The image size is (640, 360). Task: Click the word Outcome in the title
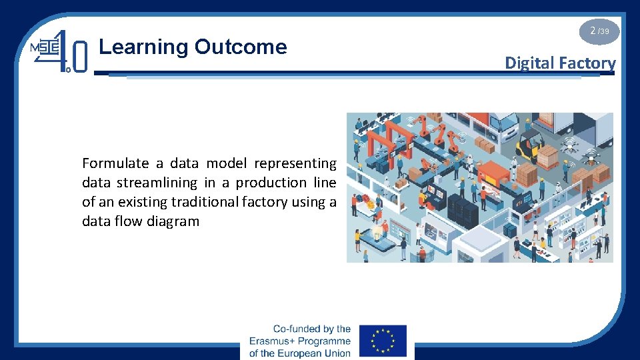pos(241,47)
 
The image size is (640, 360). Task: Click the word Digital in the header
pos(530,63)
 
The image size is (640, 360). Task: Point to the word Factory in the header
pos(587,63)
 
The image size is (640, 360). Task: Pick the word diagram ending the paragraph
pos(174,221)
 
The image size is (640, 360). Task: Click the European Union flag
pos(383,341)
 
